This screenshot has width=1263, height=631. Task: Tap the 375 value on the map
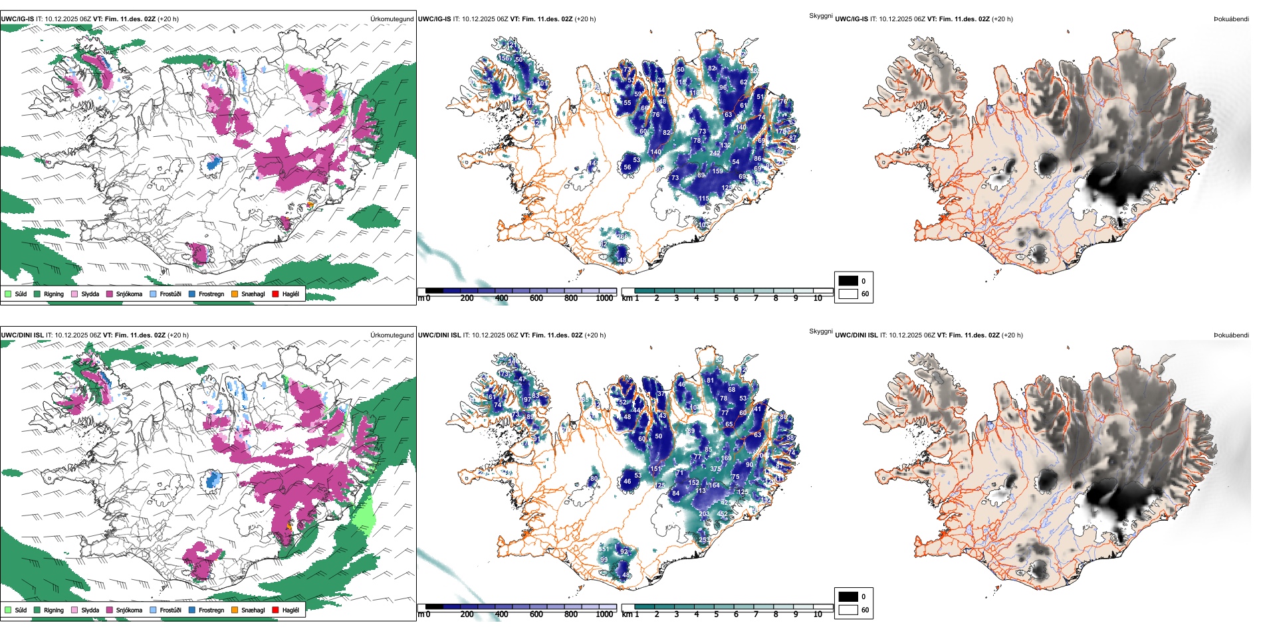(715, 469)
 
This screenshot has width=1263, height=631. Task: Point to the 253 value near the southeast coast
(705, 540)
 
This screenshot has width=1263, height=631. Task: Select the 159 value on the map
(718, 171)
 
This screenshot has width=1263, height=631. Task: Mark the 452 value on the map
(723, 514)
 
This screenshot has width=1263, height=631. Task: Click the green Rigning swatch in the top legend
(37, 294)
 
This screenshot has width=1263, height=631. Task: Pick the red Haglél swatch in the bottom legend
(275, 610)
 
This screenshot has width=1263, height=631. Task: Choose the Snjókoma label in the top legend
(129, 294)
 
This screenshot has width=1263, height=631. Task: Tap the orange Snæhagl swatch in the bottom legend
(235, 610)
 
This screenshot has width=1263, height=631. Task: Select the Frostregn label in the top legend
(211, 294)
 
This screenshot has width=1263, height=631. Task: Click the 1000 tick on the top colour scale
(604, 298)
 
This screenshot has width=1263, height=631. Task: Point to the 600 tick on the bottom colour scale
(536, 614)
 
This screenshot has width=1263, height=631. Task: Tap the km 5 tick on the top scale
(716, 298)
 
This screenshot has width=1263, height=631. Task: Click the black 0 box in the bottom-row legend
(848, 596)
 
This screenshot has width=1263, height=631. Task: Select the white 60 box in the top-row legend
(848, 294)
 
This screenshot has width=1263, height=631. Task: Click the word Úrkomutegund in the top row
(392, 19)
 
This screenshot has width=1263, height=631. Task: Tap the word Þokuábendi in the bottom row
(1231, 335)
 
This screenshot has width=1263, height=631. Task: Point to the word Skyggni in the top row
(820, 15)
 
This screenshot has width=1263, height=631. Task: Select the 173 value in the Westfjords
(503, 374)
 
